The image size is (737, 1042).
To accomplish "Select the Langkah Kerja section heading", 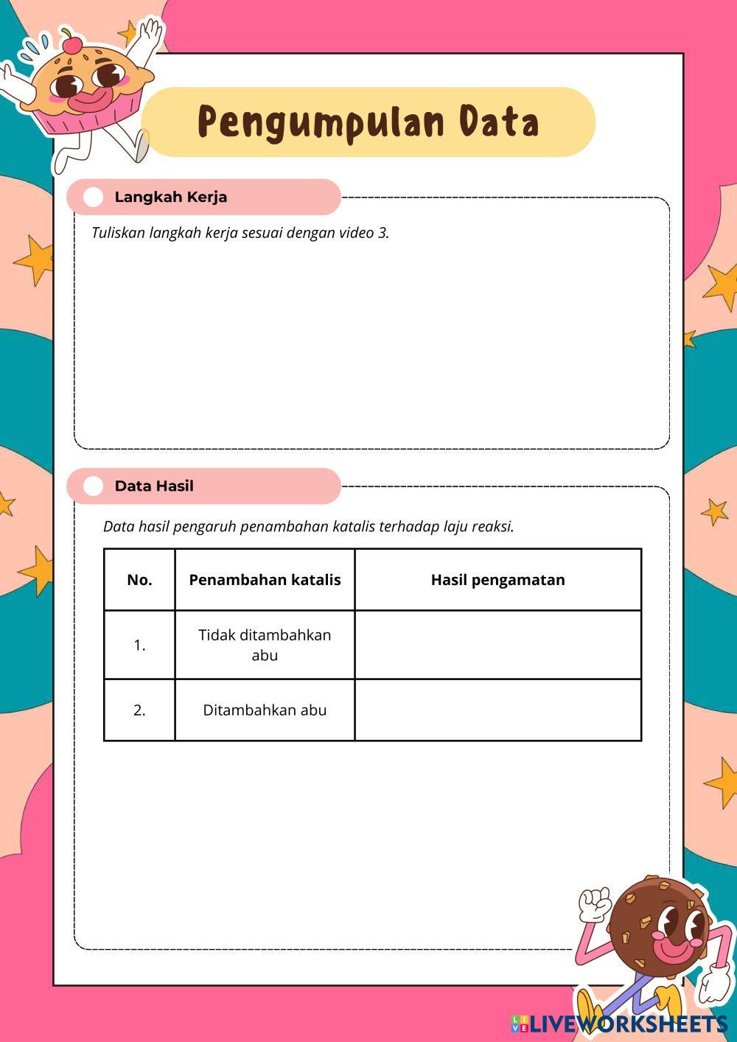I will (x=170, y=197).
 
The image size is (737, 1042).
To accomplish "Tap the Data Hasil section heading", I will (x=154, y=486).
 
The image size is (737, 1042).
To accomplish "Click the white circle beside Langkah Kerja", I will (x=94, y=197).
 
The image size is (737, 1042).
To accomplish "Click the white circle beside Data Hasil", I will (x=94, y=486).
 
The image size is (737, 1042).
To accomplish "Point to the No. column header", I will (x=139, y=580).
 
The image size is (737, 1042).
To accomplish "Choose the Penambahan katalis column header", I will (x=265, y=580).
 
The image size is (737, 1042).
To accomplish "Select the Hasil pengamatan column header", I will (x=497, y=580).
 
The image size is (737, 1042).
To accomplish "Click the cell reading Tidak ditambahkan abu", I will (x=265, y=645).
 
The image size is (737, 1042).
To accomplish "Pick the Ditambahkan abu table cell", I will (x=265, y=710).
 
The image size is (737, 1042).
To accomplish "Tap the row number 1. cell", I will (x=139, y=646).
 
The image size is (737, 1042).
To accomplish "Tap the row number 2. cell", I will (x=139, y=710).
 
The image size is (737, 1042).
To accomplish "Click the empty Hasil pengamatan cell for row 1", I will (x=497, y=645).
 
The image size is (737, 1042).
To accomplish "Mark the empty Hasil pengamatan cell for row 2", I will (x=497, y=710).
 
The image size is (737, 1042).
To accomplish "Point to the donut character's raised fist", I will (x=593, y=903).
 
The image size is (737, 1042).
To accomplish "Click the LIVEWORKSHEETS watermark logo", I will (x=619, y=1024).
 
